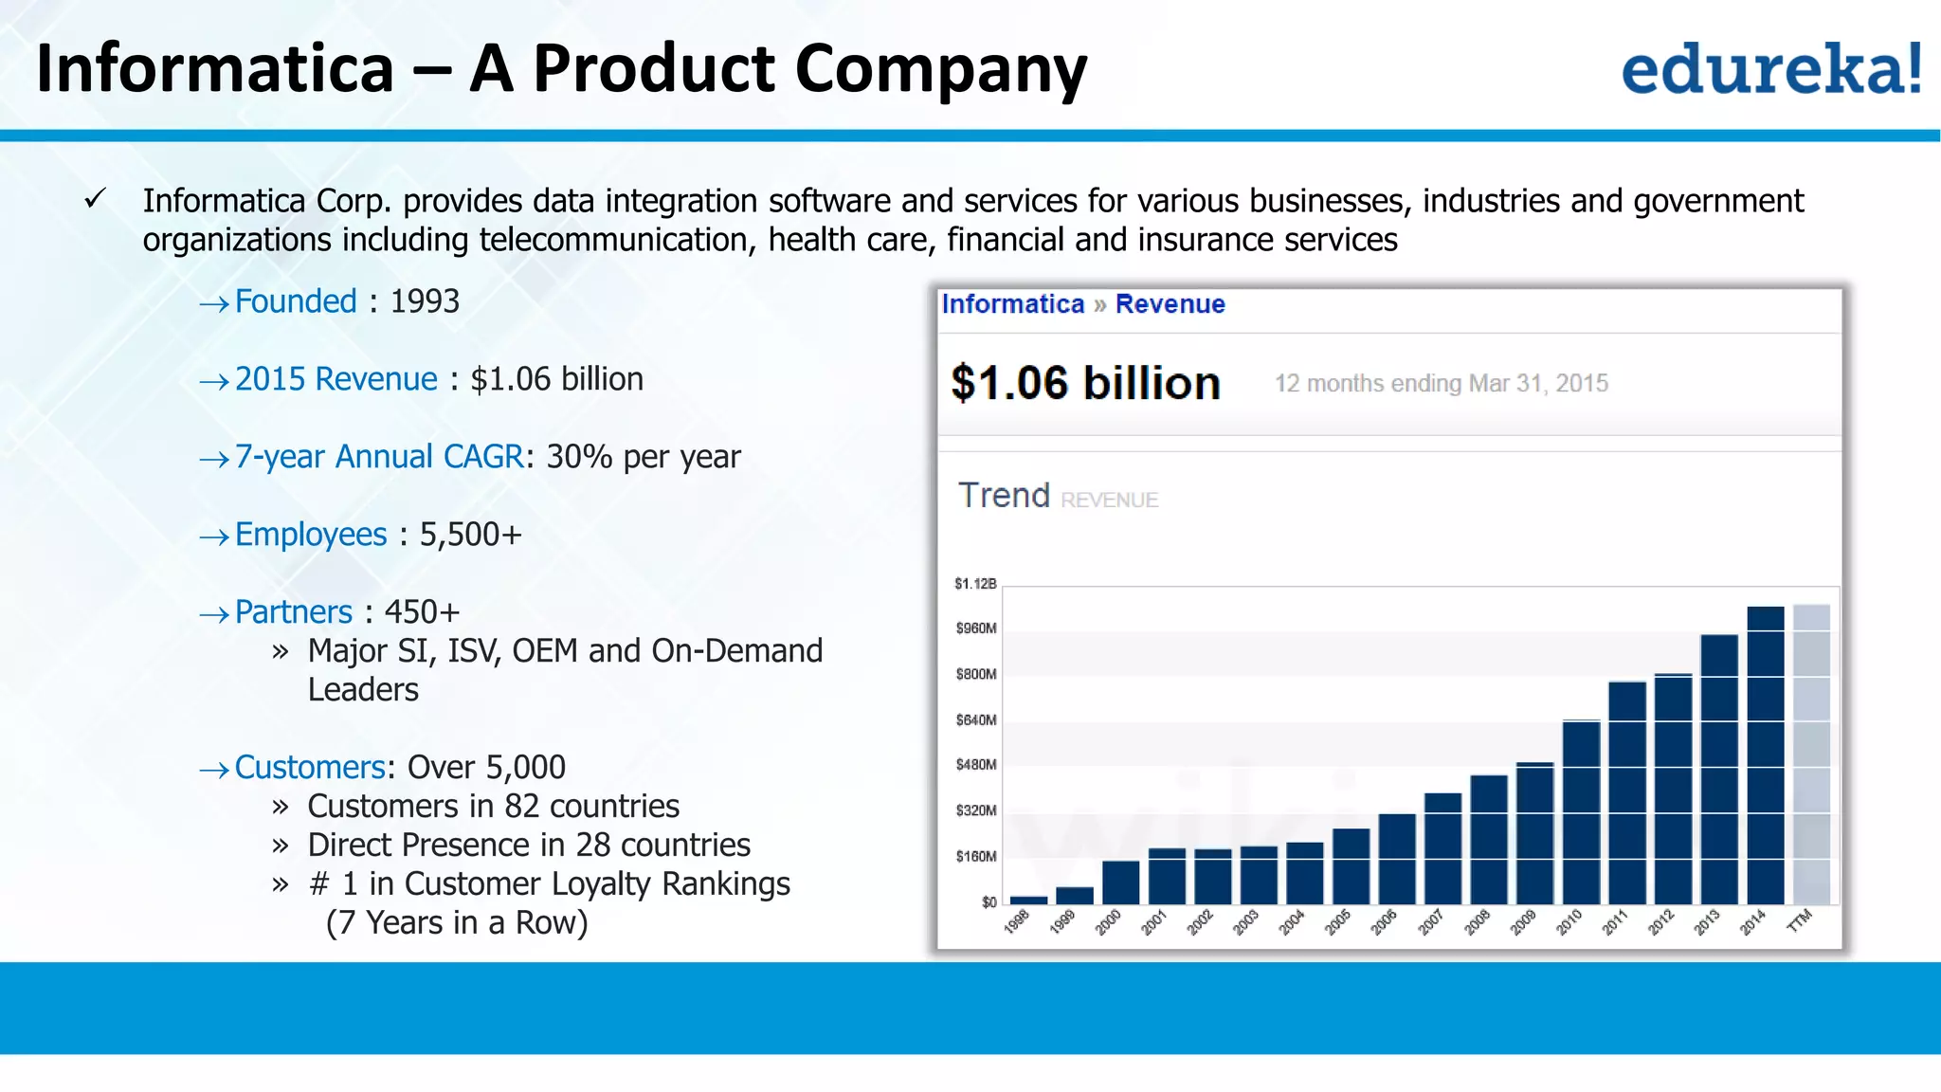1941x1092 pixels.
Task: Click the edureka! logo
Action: [x=1770, y=68]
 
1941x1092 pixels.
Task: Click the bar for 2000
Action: [x=1121, y=883]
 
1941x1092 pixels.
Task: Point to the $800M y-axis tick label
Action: [x=976, y=674]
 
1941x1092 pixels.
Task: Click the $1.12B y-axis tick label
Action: [x=975, y=583]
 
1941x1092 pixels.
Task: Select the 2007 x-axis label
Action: [x=1430, y=921]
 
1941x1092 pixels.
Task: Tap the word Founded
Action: [x=296, y=301]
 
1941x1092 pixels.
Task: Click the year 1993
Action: [x=425, y=301]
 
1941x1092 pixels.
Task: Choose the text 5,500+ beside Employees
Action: [x=471, y=535]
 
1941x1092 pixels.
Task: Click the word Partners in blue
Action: [x=294, y=612]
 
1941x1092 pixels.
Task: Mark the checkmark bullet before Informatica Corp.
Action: [x=95, y=199]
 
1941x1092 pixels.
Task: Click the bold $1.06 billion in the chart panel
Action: [x=1085, y=383]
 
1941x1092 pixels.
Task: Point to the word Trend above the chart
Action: [x=1004, y=495]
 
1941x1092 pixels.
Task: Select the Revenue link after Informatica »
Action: [x=1170, y=304]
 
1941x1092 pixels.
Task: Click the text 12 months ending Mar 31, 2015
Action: [x=1441, y=383]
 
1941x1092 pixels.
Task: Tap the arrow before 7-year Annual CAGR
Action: [x=214, y=460]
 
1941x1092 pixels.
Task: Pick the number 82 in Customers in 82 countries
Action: [x=522, y=806]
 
